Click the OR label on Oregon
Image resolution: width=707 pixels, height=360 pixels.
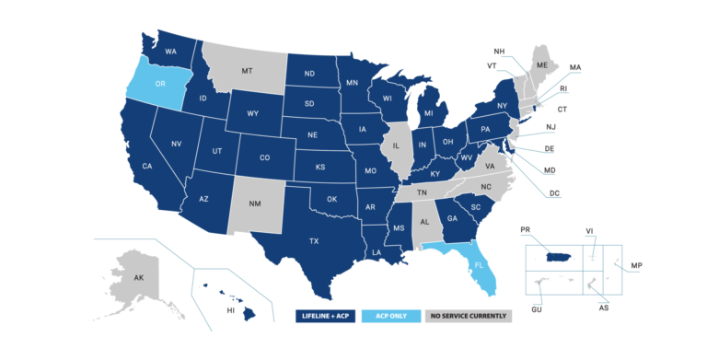point(160,84)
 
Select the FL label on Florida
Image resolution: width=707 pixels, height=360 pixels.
point(478,263)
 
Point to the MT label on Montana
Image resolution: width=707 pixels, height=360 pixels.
point(247,70)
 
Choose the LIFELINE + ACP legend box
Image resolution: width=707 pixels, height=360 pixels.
point(326,317)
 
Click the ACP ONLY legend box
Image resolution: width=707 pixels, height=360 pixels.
point(391,317)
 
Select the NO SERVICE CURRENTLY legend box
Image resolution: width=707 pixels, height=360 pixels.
point(468,317)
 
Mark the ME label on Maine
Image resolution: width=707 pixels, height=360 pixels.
point(542,65)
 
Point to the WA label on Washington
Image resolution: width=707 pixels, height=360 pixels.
point(171,52)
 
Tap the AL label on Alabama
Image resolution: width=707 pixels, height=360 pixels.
point(425,223)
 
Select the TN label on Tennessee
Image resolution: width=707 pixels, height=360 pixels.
point(422,193)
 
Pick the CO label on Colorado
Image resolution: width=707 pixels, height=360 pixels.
point(264,157)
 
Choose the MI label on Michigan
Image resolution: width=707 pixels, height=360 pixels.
point(428,114)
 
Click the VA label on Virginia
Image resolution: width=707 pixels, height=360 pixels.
point(490,166)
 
